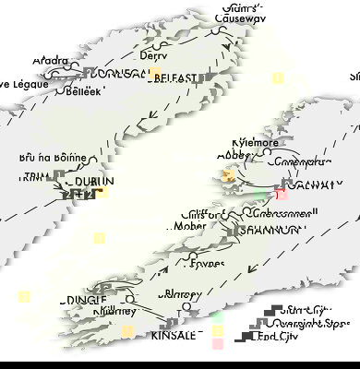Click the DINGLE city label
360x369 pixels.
(86, 301)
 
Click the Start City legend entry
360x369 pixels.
(309, 311)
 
